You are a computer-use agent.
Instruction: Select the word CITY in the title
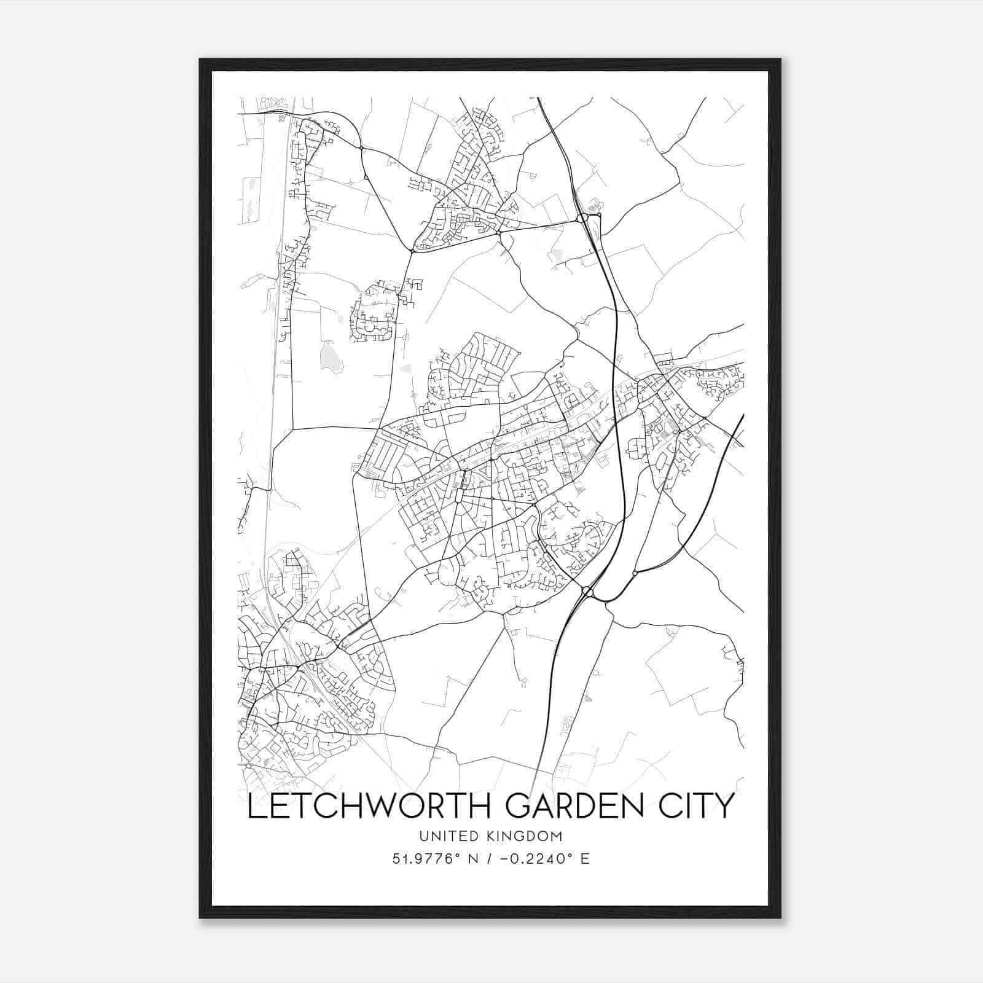pos(694,805)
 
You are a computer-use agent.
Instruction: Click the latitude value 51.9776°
pos(426,859)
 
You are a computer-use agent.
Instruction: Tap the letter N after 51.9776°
pos(472,859)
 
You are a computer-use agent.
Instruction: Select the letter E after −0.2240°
pos(584,859)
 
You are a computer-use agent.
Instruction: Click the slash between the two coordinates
pos(490,859)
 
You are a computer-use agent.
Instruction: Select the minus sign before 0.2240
pos(504,859)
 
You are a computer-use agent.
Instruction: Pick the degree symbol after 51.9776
pos(458,855)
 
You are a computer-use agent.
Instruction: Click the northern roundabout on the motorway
pos(581,218)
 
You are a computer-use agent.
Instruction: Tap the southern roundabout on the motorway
pos(587,591)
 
